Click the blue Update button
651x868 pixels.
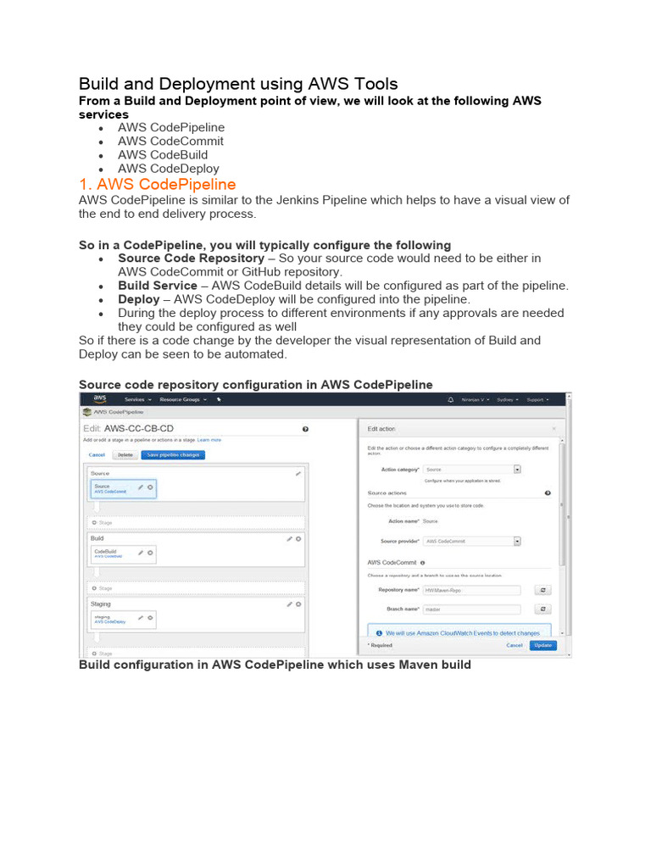pos(543,645)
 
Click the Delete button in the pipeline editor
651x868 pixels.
pos(125,454)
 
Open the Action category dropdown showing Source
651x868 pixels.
pos(472,469)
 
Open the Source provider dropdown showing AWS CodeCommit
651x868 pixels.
pos(472,541)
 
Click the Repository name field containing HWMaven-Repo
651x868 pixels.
pos(471,590)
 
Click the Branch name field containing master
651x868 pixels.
pos(471,609)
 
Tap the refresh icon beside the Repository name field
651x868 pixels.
pos(543,590)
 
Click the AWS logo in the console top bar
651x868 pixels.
pos(100,398)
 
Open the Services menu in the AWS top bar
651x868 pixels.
pos(137,398)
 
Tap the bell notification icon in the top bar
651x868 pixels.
pos(450,399)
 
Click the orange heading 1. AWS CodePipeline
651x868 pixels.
pos(157,184)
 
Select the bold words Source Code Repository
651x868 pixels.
pos(191,258)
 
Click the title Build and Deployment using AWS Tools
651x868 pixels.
pos(238,84)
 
